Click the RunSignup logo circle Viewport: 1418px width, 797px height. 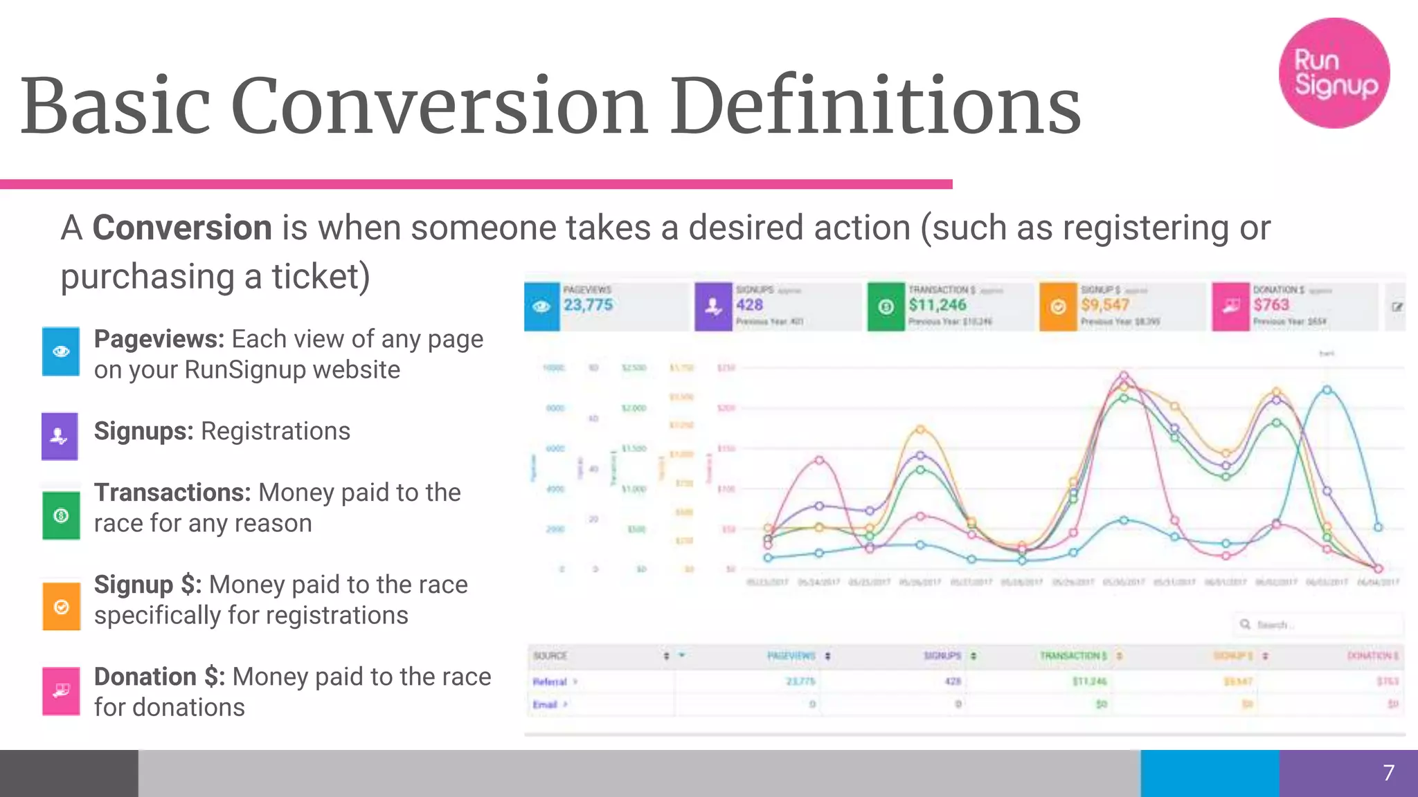pos(1334,73)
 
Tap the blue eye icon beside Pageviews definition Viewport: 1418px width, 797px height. pos(61,351)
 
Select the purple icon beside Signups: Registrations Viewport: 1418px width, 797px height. pos(60,437)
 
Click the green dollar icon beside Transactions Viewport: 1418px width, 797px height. pos(61,515)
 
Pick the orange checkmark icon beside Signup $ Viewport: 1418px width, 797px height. pos(62,607)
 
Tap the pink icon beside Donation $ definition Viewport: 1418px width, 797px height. pos(61,690)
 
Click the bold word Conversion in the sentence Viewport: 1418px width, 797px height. pos(182,228)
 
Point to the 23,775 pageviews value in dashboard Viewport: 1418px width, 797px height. pos(588,305)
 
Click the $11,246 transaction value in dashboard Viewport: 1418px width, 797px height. pos(937,305)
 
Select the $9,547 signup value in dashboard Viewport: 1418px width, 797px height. pos(1105,305)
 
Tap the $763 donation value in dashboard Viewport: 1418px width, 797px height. pos(1271,305)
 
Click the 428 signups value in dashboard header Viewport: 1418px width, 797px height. pos(749,305)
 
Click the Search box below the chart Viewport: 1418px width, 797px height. pos(1319,625)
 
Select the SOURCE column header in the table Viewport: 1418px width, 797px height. pos(550,655)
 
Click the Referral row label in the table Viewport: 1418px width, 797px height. pos(550,681)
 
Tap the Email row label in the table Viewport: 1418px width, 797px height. pos(545,704)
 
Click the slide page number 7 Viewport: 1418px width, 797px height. pos(1388,773)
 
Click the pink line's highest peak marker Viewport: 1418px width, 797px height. pos(1124,376)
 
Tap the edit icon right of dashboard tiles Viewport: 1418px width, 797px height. pos(1397,306)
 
